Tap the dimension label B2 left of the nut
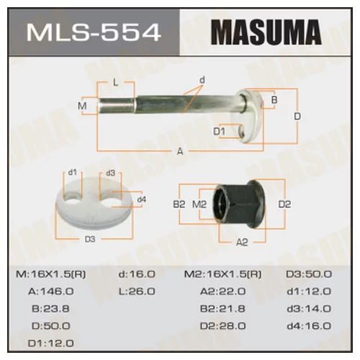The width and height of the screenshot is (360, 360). click(180, 205)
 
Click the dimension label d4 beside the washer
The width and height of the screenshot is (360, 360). click(141, 199)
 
